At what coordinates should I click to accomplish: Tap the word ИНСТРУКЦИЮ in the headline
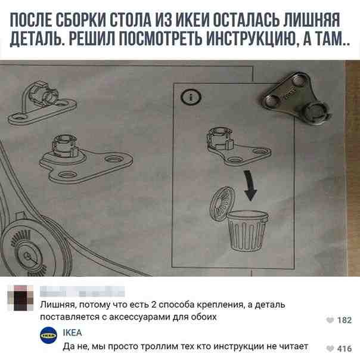[267, 41]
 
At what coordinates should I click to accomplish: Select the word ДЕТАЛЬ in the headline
[35, 41]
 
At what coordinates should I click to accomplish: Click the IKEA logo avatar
[48, 336]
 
